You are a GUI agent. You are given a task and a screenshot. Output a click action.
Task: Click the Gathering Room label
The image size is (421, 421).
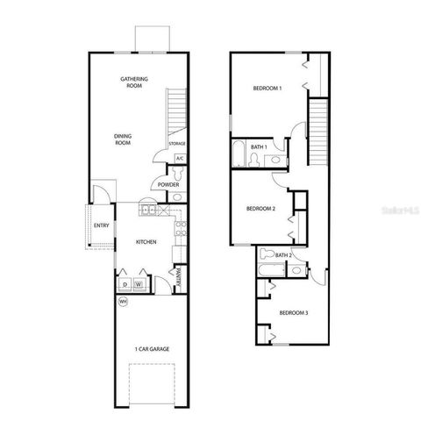pyautogui.click(x=134, y=82)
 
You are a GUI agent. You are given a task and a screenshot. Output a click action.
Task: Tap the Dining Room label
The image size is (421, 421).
pyautogui.click(x=122, y=139)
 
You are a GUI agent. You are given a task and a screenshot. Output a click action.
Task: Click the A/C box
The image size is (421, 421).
pyautogui.click(x=179, y=158)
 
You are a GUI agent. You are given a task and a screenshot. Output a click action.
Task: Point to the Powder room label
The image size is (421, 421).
pyautogui.click(x=169, y=185)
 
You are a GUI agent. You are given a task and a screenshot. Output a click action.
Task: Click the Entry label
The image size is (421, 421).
pyautogui.click(x=103, y=225)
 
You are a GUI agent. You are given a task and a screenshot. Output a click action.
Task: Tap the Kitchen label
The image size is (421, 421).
pyautogui.click(x=146, y=241)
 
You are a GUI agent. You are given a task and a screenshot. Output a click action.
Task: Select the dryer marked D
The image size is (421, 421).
pyautogui.click(x=125, y=284)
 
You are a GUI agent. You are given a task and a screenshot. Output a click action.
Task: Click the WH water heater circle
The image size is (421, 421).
pyautogui.click(x=123, y=302)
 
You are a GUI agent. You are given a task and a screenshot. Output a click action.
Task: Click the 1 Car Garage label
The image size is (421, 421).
pyautogui.click(x=152, y=349)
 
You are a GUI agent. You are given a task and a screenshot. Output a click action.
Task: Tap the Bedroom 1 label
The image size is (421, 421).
pyautogui.click(x=268, y=89)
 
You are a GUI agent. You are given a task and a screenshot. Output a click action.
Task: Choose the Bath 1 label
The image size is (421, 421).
pyautogui.click(x=258, y=146)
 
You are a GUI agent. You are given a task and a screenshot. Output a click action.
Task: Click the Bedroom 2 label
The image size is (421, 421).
pyautogui.click(x=261, y=208)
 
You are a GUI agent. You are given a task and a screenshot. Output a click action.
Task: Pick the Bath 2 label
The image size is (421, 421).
pyautogui.click(x=282, y=255)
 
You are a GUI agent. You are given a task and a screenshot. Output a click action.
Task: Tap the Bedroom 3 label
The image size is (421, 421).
pyautogui.click(x=293, y=313)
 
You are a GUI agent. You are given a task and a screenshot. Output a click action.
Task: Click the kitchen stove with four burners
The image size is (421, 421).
pyautogui.click(x=181, y=229)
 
